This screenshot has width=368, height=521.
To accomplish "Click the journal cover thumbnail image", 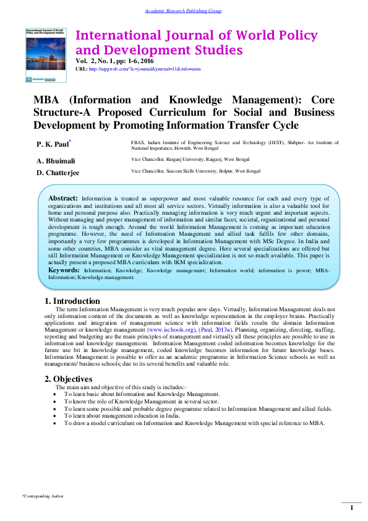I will pos(46,54).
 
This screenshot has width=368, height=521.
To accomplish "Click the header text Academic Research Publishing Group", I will pos(183,11).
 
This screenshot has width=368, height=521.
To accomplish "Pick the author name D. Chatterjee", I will pos(58,172).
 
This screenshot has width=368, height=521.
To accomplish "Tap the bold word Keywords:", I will pos(63,270).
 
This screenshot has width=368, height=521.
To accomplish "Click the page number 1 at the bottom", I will pos(351,508).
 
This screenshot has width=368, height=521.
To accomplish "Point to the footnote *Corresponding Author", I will pos(43,496).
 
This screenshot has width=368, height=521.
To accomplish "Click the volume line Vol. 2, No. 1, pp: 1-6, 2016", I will pos(115,62).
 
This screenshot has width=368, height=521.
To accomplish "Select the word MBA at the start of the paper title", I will pos(47,100).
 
